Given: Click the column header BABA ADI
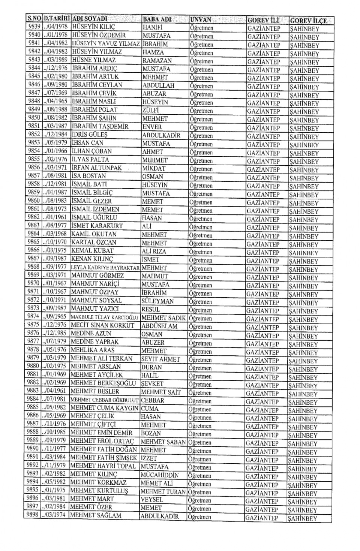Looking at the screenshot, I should (157, 19).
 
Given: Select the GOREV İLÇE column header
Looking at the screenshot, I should (308, 21).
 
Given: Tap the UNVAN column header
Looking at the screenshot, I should (201, 19).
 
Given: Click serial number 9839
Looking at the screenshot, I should (34, 27).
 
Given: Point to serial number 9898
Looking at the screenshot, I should (33, 515).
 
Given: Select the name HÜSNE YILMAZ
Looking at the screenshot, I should (94, 60).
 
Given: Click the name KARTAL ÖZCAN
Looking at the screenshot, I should (94, 242).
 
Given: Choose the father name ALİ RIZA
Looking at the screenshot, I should (154, 251).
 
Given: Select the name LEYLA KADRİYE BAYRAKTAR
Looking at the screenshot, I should (105, 268).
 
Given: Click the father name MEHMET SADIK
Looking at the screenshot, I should (163, 318).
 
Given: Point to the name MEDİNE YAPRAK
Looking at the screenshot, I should (94, 342).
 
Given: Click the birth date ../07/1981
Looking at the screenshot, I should (54, 399).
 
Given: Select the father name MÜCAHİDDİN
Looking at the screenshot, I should (160, 475).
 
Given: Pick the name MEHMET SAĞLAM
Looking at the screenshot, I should (96, 515).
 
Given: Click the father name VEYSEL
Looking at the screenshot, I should (152, 500).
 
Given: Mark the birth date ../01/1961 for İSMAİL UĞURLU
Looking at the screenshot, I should (55, 217).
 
